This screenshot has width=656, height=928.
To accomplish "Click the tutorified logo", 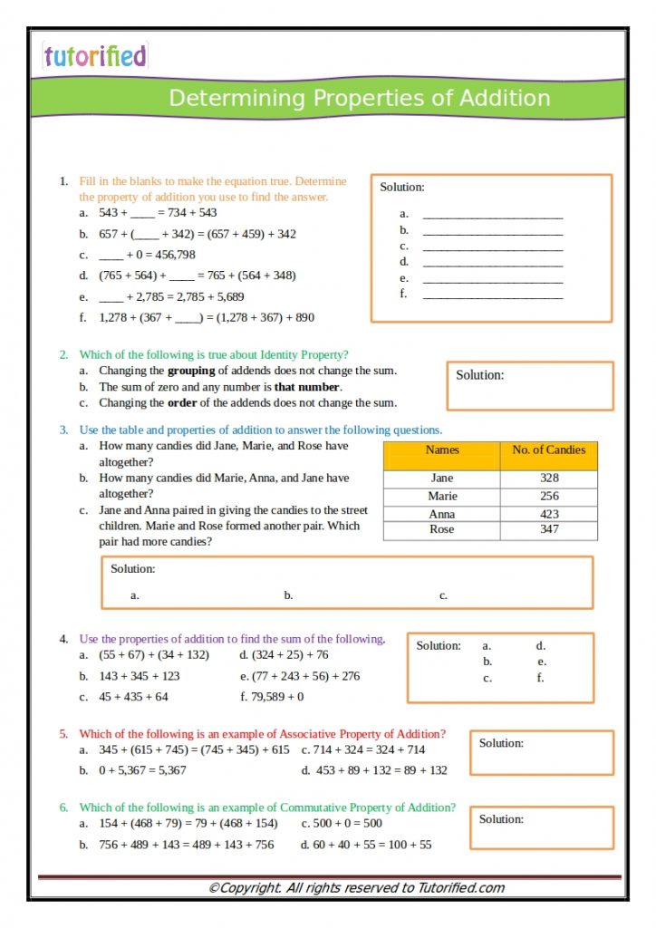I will pyautogui.click(x=94, y=56).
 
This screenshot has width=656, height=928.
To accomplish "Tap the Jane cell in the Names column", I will pyautogui.click(x=442, y=478).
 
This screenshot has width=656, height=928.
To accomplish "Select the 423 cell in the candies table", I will pyautogui.click(x=549, y=514).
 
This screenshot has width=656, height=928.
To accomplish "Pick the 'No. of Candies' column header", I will pyautogui.click(x=549, y=449).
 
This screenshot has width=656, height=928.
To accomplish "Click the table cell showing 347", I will pyautogui.click(x=549, y=529).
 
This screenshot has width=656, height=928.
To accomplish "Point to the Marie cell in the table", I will pyautogui.click(x=442, y=496).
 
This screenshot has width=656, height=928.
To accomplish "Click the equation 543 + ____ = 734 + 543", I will pyautogui.click(x=158, y=213).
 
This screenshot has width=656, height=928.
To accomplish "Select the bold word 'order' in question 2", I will pyautogui.click(x=183, y=402).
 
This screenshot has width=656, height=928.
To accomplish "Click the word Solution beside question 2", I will pyautogui.click(x=479, y=375).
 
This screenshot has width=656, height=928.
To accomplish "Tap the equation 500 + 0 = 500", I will pyautogui.click(x=347, y=823).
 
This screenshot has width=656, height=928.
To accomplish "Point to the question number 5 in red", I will pyautogui.click(x=64, y=734).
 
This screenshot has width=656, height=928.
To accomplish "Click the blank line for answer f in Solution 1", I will pyautogui.click(x=493, y=295).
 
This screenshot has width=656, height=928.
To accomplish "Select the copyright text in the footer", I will pyautogui.click(x=356, y=888).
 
